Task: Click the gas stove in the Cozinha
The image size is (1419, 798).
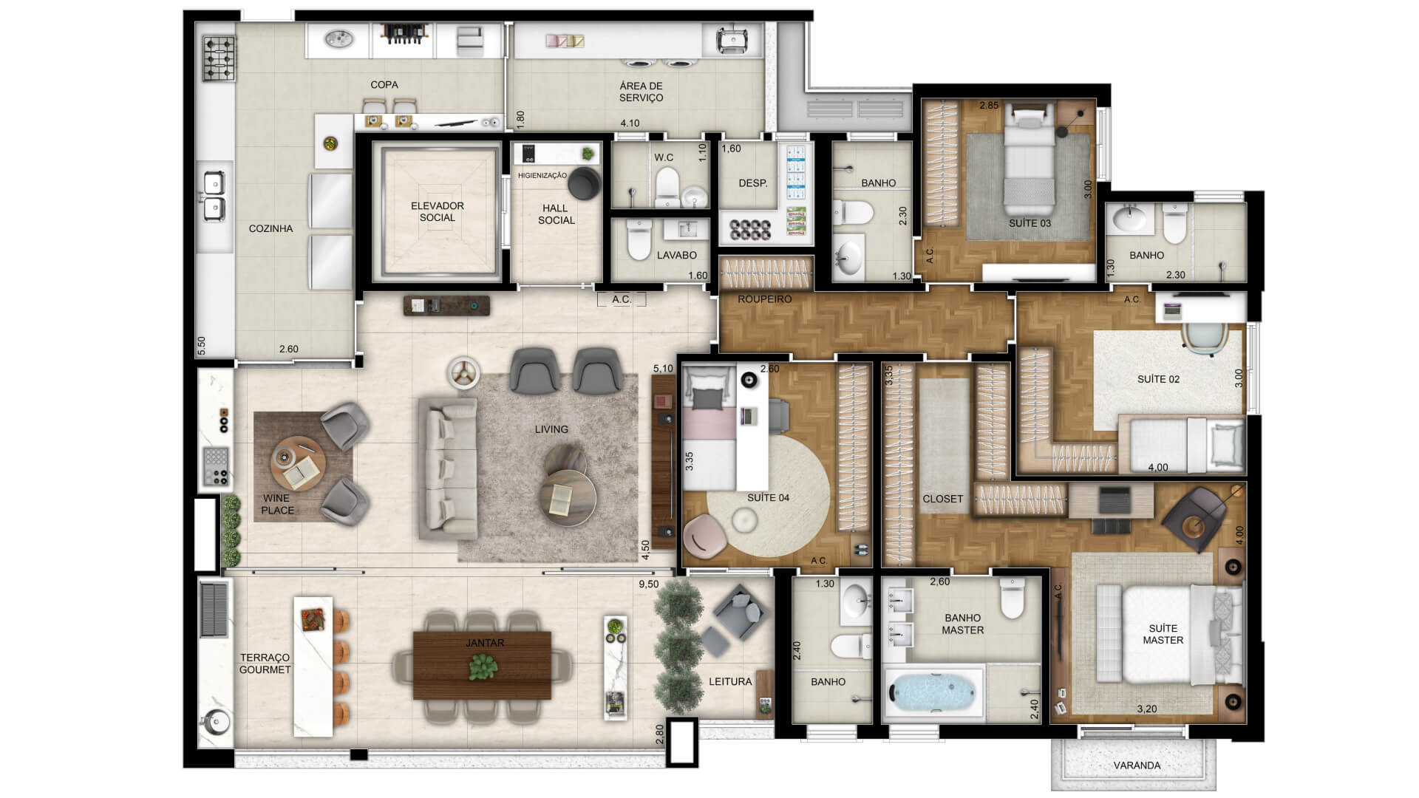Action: (x=220, y=58)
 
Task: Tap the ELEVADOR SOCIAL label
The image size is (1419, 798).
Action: (x=438, y=211)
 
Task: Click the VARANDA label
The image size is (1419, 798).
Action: (x=1137, y=765)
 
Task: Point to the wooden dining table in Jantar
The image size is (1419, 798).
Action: (x=482, y=665)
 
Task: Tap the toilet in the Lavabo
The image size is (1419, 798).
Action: (x=637, y=239)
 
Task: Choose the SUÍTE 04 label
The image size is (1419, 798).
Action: (x=768, y=497)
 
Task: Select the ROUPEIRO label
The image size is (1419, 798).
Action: (x=764, y=299)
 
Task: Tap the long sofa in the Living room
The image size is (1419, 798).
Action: (x=448, y=468)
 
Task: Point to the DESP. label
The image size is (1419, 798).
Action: (x=753, y=183)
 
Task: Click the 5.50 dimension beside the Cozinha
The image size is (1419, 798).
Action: (x=201, y=346)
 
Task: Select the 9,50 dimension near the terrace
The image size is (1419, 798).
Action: (x=649, y=584)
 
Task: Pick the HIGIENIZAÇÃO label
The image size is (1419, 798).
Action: (x=542, y=175)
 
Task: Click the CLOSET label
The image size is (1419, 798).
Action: (x=943, y=499)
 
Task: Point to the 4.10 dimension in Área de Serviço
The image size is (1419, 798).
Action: (x=630, y=123)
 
